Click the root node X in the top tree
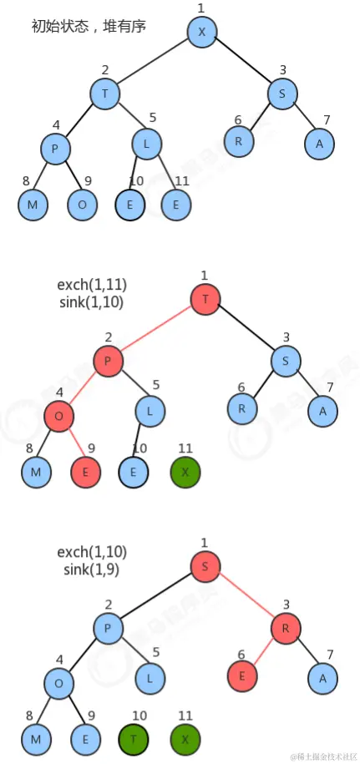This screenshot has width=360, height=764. click(202, 32)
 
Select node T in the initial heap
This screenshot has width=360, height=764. click(105, 94)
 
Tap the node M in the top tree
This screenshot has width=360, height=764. click(33, 205)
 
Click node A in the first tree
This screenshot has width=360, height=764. click(320, 143)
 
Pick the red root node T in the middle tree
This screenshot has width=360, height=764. click(205, 300)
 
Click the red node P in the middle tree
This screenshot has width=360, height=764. click(108, 362)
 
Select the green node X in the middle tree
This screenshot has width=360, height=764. click(185, 472)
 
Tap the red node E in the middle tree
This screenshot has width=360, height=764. click(85, 472)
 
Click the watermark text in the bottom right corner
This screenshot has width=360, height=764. click(324, 756)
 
